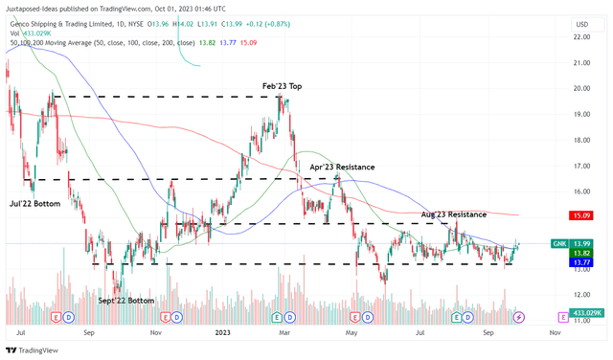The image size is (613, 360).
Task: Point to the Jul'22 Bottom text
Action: click(34, 204)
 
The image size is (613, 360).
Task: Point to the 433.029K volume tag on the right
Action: click(585, 314)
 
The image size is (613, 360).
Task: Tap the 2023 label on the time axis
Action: click(221, 334)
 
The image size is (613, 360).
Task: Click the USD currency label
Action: click(579, 23)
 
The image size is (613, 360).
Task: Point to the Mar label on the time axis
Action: click(284, 334)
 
